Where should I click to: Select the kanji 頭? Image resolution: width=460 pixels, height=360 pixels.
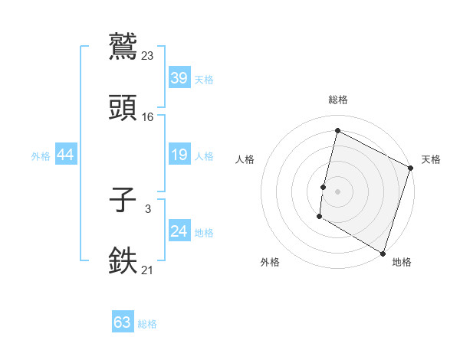123,108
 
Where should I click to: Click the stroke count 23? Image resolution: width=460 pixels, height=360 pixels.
148,55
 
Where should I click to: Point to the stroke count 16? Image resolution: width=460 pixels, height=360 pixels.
148,116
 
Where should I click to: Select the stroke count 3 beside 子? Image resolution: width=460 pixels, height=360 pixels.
148,208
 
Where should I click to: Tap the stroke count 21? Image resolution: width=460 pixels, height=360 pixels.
148,270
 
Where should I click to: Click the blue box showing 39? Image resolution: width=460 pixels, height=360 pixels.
179,78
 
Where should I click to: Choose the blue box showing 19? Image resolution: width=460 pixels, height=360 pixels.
179,155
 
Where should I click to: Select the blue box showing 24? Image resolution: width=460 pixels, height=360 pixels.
179,231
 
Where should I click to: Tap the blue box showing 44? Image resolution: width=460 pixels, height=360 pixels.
65,155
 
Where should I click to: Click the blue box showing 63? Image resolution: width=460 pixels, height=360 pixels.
123,322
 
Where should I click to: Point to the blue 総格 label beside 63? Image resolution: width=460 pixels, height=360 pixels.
147,324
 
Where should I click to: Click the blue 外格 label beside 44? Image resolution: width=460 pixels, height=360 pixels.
41,155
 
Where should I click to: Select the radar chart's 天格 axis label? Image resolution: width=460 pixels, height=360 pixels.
431,159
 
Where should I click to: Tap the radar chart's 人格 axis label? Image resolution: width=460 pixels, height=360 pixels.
245,159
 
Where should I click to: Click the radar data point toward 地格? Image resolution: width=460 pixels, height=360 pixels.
383,253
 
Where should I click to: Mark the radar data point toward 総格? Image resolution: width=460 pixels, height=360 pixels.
337,130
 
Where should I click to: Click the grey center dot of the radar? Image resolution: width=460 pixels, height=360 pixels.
337,189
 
